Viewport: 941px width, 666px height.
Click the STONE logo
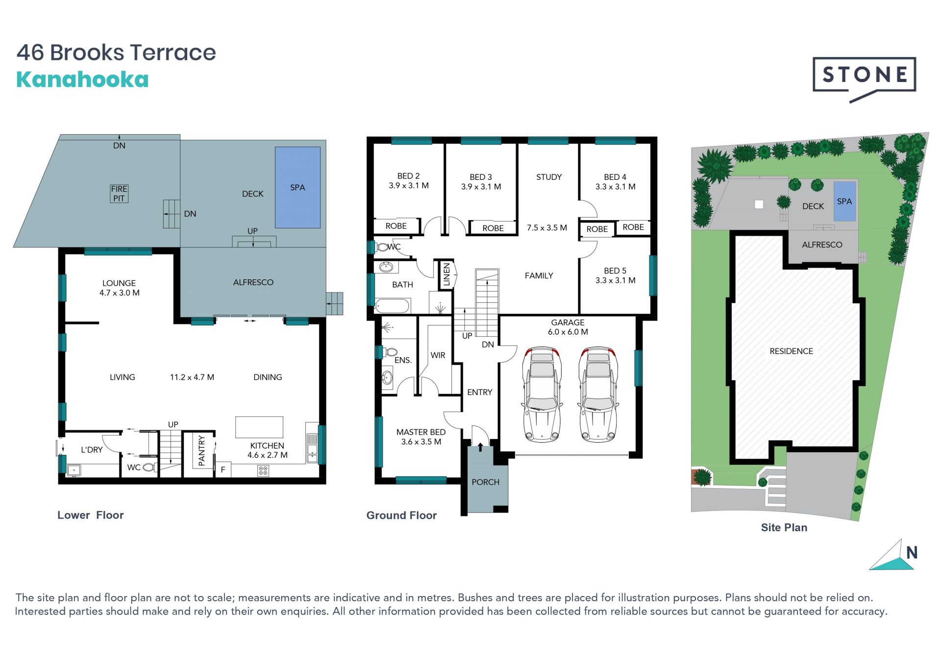(865, 79)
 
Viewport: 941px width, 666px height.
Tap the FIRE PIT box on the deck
(119, 194)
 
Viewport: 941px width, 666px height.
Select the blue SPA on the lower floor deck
(297, 187)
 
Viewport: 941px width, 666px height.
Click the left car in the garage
(542, 395)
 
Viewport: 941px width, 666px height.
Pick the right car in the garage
(598, 395)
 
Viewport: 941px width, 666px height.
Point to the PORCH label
(485, 482)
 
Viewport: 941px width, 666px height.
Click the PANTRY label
(201, 451)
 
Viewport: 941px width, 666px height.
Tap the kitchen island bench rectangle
(259, 427)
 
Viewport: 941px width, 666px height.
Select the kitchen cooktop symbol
(263, 471)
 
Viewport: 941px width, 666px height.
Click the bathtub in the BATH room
(392, 307)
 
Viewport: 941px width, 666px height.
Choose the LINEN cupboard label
(446, 274)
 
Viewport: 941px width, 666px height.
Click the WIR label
(438, 355)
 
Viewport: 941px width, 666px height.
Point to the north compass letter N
(912, 553)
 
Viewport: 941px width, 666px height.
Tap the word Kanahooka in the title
(82, 80)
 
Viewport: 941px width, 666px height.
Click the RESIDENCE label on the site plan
(791, 351)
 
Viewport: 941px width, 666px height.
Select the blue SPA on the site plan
(844, 201)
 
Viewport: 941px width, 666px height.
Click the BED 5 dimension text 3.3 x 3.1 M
(615, 280)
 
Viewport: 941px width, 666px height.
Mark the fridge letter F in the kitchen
(223, 470)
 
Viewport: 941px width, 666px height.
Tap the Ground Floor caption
(401, 516)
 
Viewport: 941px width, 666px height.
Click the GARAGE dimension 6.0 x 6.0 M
(568, 332)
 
